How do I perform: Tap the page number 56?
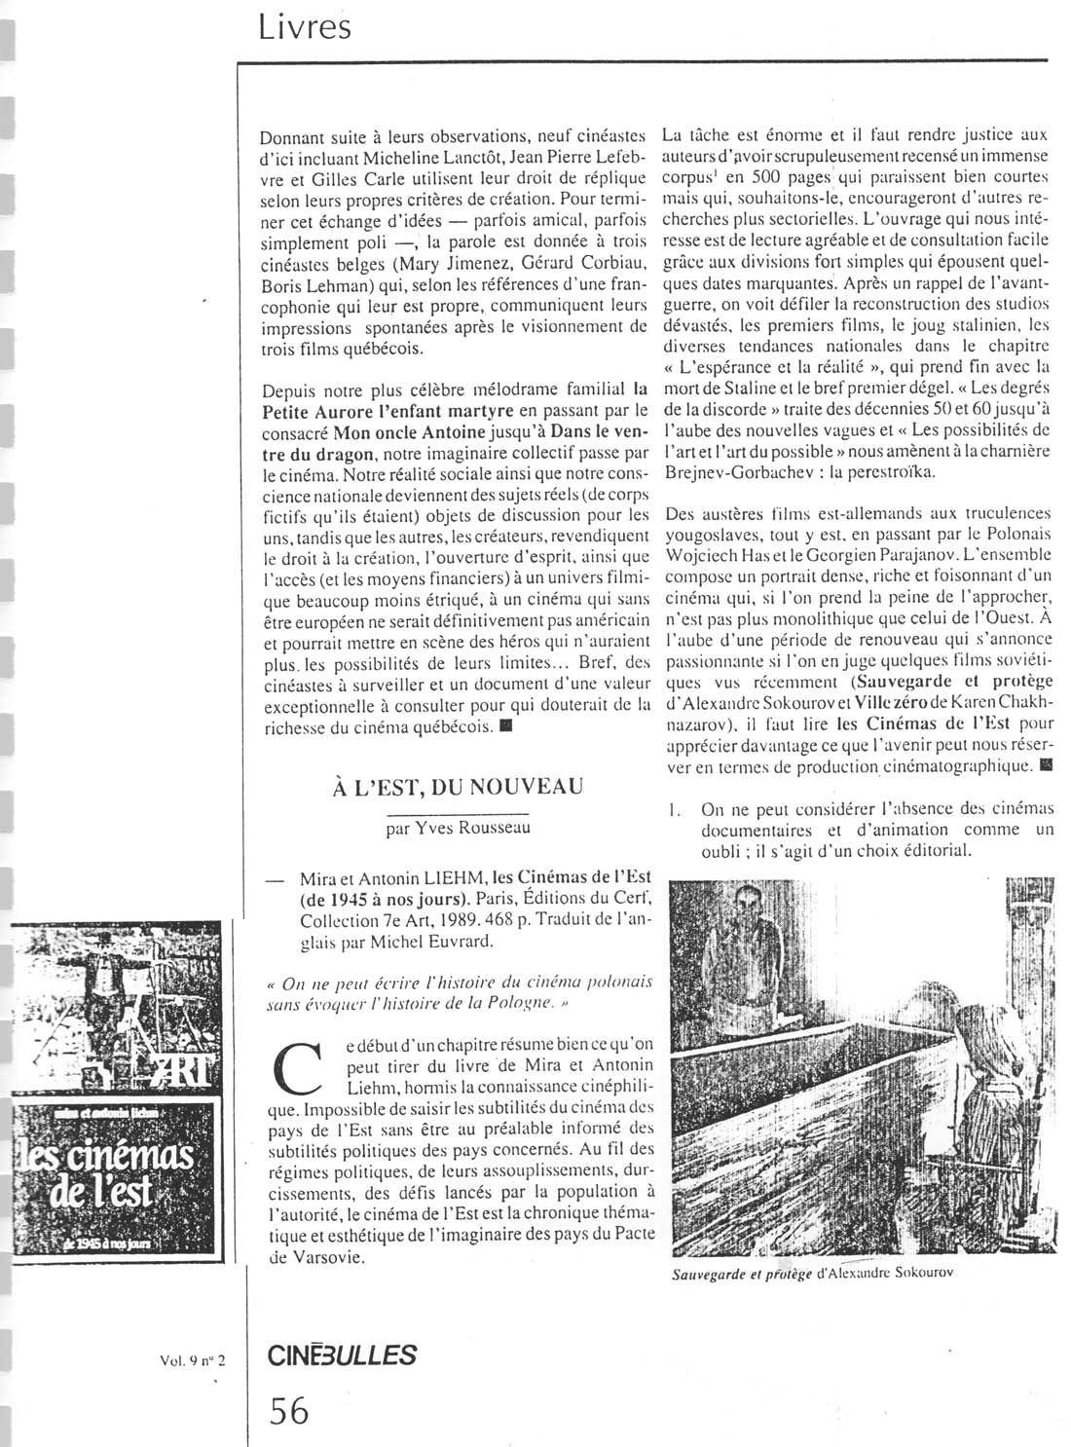288,1410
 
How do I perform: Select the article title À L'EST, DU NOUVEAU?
459,786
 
